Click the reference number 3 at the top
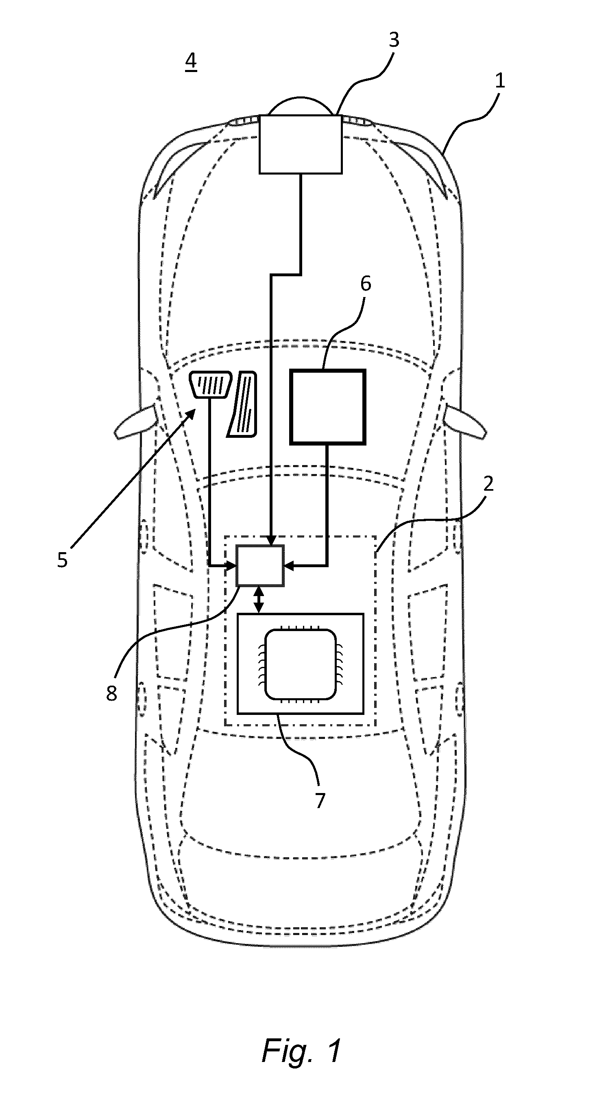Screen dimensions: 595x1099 394,40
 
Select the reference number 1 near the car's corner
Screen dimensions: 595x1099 499,80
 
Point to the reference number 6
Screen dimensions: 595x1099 366,284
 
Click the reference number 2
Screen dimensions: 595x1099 488,483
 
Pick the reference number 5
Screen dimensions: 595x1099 62,560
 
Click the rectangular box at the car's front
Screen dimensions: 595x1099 301,144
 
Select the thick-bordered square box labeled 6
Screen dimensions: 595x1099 327,407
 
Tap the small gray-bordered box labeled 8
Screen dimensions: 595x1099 260,566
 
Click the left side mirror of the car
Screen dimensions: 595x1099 135,422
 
